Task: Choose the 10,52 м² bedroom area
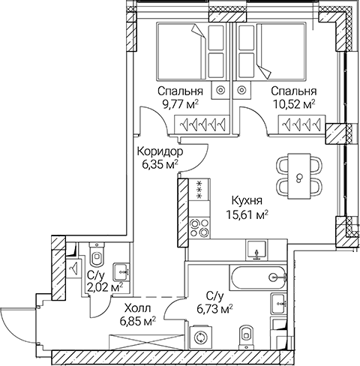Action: (x=293, y=105)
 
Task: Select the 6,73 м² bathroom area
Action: (x=213, y=307)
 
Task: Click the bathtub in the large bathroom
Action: (x=256, y=277)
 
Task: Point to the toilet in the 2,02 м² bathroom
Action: (x=95, y=254)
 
